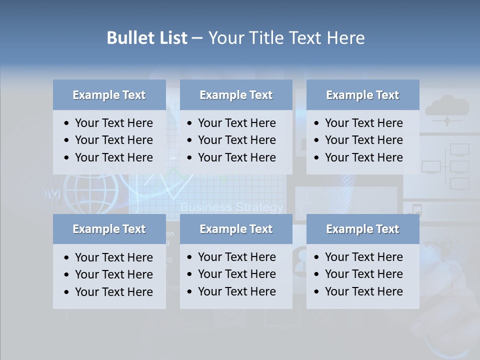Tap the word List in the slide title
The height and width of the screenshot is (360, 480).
click(172, 38)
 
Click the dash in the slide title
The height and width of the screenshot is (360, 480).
click(197, 38)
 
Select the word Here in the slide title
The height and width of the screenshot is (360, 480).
click(345, 38)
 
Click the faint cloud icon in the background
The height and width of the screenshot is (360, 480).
click(447, 107)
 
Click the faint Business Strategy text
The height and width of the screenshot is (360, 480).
click(231, 207)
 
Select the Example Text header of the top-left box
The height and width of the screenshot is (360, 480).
click(109, 95)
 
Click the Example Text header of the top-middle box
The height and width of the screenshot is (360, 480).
click(236, 95)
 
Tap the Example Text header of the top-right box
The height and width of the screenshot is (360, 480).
click(362, 95)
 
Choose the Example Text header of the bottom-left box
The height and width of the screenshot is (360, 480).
click(109, 229)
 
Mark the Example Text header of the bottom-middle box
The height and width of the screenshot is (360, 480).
click(236, 229)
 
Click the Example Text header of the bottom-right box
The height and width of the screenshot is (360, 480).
click(362, 229)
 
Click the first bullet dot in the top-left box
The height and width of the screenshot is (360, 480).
click(67, 123)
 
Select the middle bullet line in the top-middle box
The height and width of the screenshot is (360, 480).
click(236, 140)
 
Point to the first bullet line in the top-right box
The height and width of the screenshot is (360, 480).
click(363, 123)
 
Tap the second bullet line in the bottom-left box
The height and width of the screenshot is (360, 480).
click(113, 274)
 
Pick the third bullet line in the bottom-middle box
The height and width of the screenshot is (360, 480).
click(236, 291)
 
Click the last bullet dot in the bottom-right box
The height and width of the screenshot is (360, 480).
click(317, 292)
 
